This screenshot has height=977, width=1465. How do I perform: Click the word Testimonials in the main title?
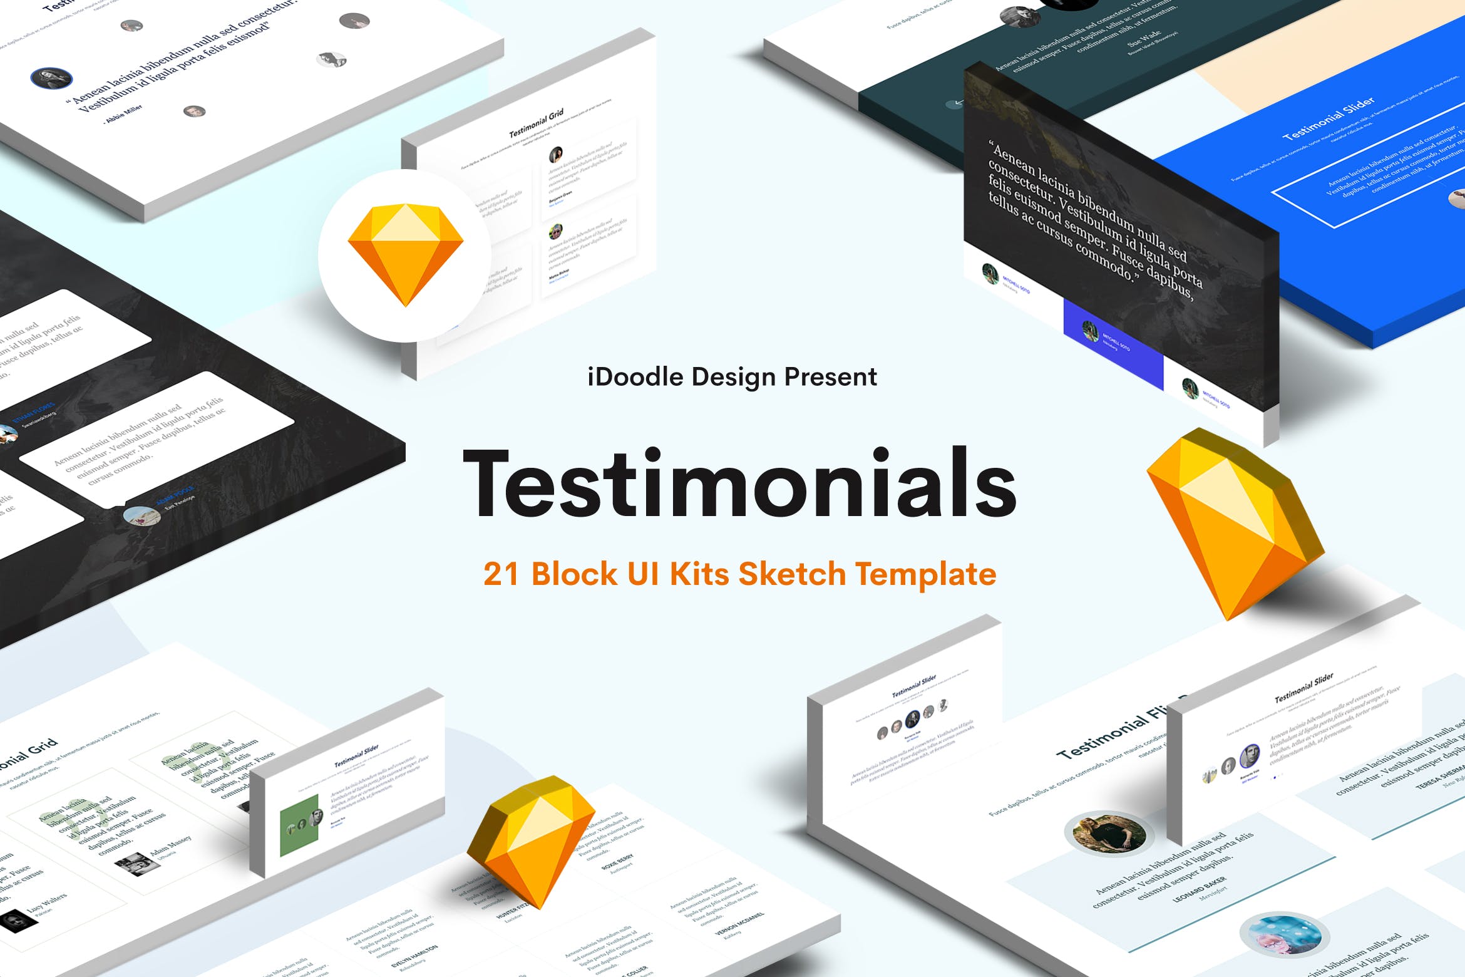click(x=739, y=483)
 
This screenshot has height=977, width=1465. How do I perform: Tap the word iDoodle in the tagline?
click(x=635, y=377)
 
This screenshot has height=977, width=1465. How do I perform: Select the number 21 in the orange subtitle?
click(x=501, y=574)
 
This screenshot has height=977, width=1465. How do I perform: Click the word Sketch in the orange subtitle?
click(x=792, y=574)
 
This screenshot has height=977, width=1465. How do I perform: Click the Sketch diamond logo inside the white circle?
click(x=405, y=254)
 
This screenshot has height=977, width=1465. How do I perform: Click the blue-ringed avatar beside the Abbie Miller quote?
click(x=51, y=78)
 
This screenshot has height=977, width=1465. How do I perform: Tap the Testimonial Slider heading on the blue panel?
click(x=1328, y=118)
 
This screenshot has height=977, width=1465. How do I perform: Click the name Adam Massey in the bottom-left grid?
click(x=170, y=845)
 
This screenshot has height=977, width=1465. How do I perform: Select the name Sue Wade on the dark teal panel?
click(x=1143, y=39)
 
